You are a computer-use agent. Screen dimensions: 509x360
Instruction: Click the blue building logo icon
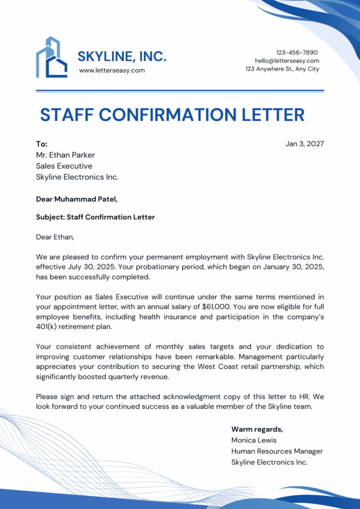(x=51, y=57)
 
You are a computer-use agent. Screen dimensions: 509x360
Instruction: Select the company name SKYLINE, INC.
(x=122, y=57)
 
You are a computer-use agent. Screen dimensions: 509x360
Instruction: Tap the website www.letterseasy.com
(x=112, y=71)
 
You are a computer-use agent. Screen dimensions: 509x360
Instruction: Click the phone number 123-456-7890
(x=297, y=53)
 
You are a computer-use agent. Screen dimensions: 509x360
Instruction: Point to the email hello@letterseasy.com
(x=287, y=61)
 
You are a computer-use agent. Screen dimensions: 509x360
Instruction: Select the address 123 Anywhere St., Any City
(x=282, y=69)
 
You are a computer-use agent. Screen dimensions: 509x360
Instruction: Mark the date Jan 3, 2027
(x=304, y=144)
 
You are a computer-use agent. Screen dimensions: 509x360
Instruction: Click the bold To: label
(x=42, y=144)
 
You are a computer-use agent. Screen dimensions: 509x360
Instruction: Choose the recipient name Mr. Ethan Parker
(x=65, y=155)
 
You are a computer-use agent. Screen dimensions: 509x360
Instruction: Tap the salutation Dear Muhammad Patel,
(x=77, y=199)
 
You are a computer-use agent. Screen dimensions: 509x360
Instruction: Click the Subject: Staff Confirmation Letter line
(x=95, y=217)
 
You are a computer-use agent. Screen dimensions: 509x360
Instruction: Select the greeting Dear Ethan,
(x=55, y=237)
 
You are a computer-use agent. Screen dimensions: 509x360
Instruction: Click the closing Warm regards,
(x=257, y=429)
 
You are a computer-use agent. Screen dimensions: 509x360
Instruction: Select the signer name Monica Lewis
(x=254, y=440)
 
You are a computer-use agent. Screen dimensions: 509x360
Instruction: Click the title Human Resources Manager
(x=277, y=451)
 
